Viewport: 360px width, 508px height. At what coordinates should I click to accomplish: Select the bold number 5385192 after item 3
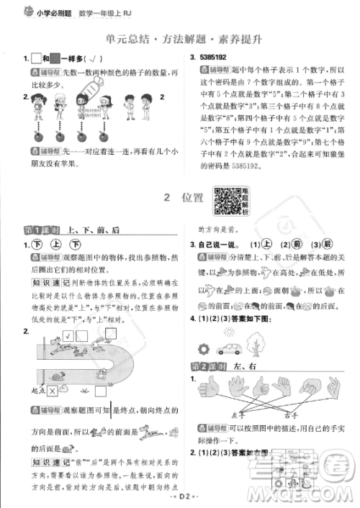[x=216, y=58]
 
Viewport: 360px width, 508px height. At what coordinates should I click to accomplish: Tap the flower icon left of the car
[x=203, y=350]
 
